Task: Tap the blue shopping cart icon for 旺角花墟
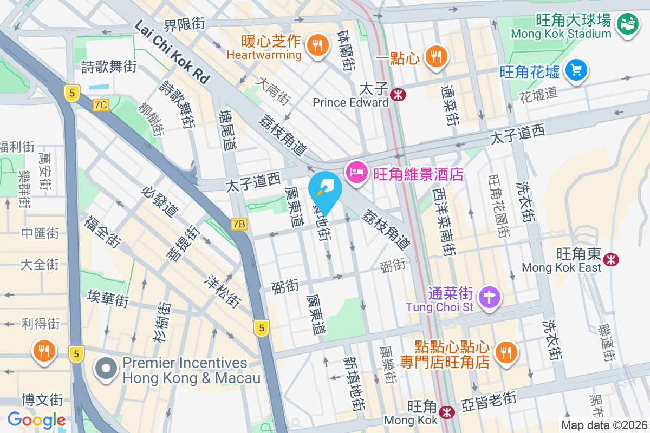(x=576, y=70)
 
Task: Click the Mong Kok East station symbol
(x=612, y=260)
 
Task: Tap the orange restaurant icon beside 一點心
(x=434, y=56)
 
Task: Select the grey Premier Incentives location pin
(x=107, y=370)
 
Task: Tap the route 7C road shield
(x=100, y=105)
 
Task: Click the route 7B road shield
(x=239, y=224)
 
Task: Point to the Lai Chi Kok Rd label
(x=172, y=52)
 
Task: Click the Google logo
(x=36, y=419)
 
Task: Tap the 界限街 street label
(x=185, y=24)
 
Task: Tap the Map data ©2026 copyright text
(x=603, y=425)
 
